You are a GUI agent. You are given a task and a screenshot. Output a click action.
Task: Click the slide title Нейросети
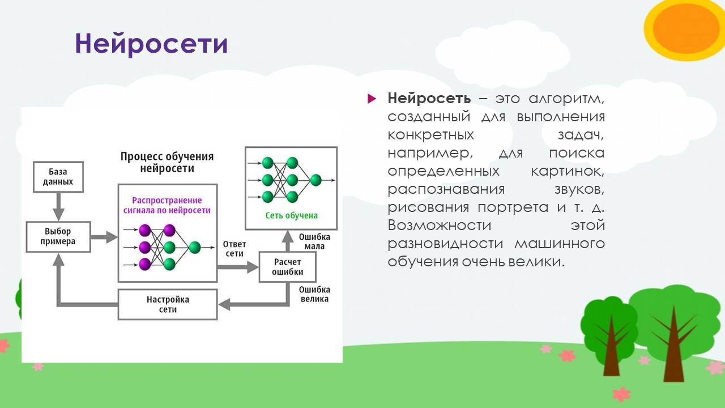coord(151,44)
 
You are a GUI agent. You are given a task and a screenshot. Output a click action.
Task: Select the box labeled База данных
coord(58,177)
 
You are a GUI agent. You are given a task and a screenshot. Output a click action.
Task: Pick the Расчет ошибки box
coord(287,267)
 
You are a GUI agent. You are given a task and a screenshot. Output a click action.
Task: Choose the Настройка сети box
coord(168,304)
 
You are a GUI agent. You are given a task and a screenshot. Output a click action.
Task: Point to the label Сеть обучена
coord(291,215)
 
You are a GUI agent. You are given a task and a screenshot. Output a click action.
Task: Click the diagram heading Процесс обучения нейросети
coord(167,161)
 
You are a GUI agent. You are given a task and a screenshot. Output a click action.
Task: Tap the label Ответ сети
coord(234,249)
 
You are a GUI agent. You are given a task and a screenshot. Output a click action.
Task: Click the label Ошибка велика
coord(314,294)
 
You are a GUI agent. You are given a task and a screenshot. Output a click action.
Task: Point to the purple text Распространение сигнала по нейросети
coord(167,205)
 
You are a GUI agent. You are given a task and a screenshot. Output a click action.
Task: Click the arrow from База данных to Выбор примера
coord(58,206)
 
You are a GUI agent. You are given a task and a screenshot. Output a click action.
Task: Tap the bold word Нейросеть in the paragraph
coord(429,98)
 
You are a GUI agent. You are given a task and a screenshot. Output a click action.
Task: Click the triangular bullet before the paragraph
coord(372,99)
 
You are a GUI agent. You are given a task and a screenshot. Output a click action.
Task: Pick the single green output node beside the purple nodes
coord(195,248)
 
